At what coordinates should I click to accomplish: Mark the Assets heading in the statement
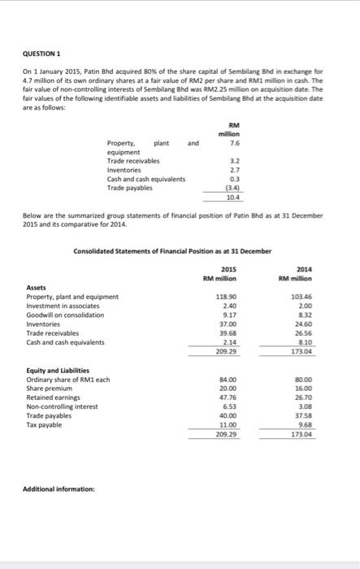pyautogui.click(x=37, y=288)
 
